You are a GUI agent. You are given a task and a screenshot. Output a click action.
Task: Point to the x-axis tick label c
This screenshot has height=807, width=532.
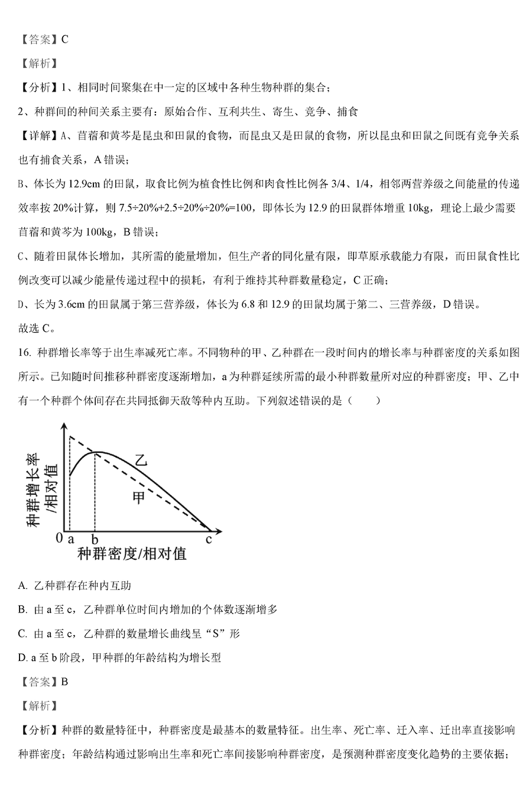coord(208,539)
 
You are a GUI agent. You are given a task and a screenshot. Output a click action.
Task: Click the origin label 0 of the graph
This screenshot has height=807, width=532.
coord(59,539)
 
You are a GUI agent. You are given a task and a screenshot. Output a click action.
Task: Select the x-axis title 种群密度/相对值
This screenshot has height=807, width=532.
coord(131,554)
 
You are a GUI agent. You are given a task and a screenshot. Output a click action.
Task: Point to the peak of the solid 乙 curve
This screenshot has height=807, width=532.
coord(98,453)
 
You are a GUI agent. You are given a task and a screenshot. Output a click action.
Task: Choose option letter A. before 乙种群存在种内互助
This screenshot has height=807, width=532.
coord(23,585)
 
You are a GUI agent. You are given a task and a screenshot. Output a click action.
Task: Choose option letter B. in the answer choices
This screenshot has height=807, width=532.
coord(23,610)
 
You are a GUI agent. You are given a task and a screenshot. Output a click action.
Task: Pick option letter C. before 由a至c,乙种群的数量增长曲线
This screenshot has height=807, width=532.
coord(23,633)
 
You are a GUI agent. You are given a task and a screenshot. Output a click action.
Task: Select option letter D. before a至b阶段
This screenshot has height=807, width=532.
coord(23,657)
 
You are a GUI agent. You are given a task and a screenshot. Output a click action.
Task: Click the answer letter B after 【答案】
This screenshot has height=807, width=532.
coord(64,682)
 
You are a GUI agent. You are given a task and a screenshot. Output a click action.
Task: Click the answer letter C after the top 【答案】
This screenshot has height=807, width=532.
coord(64,40)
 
